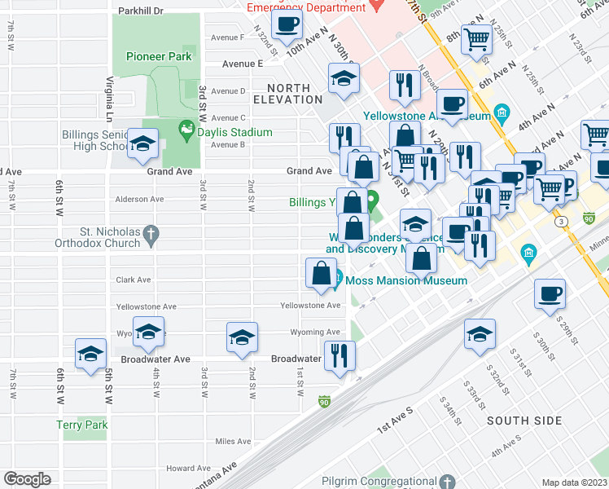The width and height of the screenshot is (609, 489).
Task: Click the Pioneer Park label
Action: [159, 56]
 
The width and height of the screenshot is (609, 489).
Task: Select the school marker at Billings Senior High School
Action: [143, 145]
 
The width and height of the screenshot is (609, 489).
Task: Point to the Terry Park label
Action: [81, 425]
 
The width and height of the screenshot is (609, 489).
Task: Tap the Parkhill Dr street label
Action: [141, 11]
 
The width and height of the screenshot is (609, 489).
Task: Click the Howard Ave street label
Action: [188, 469]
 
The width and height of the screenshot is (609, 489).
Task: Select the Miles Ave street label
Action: [233, 442]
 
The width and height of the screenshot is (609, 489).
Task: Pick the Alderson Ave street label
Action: [140, 199]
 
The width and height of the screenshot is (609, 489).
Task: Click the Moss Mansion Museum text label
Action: [406, 281]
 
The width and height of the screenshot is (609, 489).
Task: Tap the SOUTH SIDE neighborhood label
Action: [524, 421]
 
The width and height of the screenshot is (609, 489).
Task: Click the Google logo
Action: [27, 479]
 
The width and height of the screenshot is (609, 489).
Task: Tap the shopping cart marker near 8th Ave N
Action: [476, 37]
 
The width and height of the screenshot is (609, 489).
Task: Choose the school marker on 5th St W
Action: [91, 353]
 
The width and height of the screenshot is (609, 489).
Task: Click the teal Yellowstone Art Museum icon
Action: [502, 111]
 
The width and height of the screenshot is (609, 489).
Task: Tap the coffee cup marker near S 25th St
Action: [550, 293]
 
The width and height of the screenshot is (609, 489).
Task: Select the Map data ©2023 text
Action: [574, 482]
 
